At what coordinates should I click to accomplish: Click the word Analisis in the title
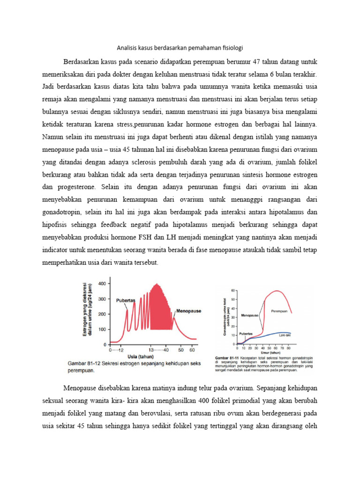126,48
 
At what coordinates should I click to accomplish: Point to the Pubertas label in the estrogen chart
126,300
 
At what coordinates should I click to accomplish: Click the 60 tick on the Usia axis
192,350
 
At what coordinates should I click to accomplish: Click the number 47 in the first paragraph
259,62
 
